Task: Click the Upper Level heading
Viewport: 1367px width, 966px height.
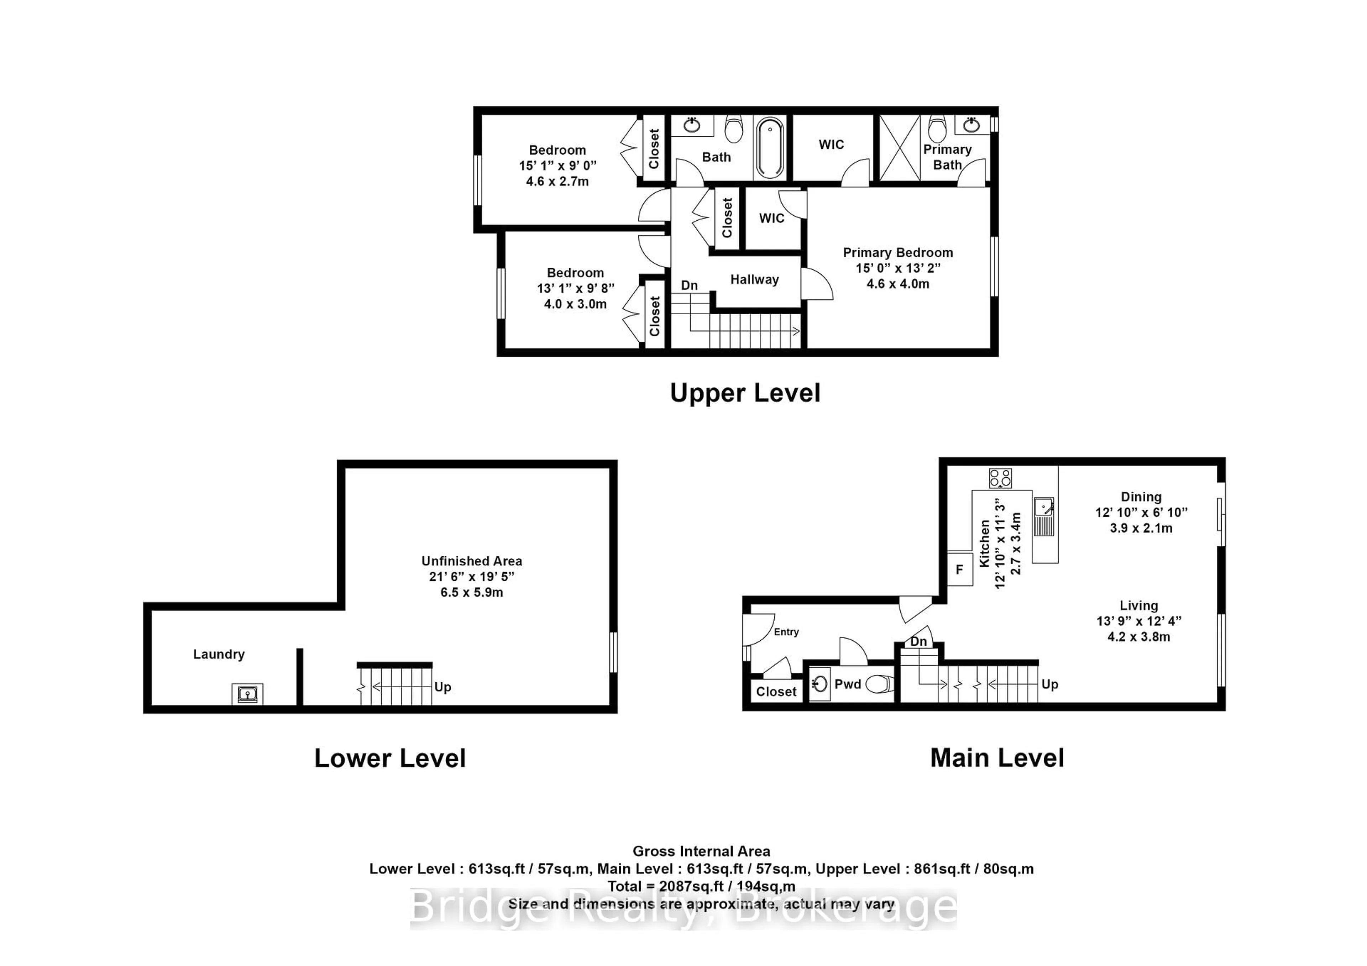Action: tap(745, 393)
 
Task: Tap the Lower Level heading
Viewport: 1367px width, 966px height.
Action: tap(390, 758)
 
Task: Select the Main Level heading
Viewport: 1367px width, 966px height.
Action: tap(997, 758)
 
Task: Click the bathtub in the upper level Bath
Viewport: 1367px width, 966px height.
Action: tap(770, 148)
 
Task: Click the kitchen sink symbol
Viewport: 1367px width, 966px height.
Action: tap(1044, 515)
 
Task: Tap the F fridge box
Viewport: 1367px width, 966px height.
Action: tap(959, 569)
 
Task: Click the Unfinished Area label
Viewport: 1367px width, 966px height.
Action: tap(472, 561)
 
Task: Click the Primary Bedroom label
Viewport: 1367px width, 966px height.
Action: tap(897, 252)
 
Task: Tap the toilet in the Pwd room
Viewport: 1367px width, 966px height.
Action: tap(879, 684)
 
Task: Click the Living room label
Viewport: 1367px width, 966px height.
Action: tap(1138, 605)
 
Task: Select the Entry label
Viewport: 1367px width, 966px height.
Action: tap(786, 632)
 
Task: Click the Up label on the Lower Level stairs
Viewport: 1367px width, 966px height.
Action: tap(442, 687)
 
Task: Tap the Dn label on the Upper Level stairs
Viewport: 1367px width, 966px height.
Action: tap(689, 285)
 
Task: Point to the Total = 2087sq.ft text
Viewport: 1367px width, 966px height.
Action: tap(701, 886)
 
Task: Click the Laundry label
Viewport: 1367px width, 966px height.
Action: tap(219, 654)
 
